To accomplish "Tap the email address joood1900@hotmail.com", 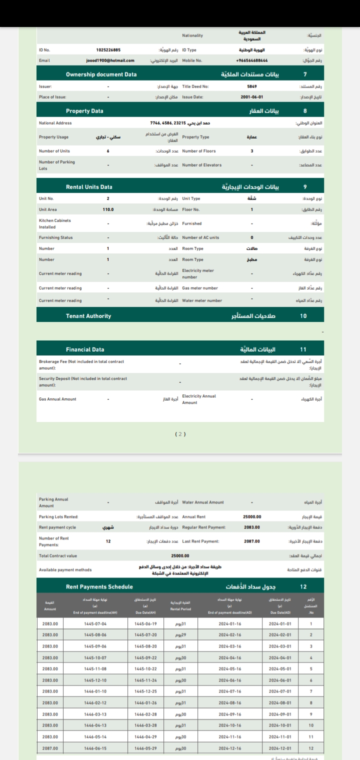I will pyautogui.click(x=110, y=60).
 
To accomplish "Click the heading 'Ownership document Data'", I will pyautogui.click(x=101, y=74).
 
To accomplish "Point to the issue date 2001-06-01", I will pyautogui.click(x=251, y=96).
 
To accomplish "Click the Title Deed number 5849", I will pyautogui.click(x=251, y=86).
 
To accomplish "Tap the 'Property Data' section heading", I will pyautogui.click(x=84, y=110).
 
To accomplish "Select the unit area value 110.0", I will pyautogui.click(x=108, y=209).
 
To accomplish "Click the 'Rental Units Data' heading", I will pyautogui.click(x=89, y=187).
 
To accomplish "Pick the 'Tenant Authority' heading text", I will pyautogui.click(x=88, y=316).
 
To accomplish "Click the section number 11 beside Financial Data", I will pyautogui.click(x=305, y=349).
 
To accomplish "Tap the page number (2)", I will pyautogui.click(x=180, y=433).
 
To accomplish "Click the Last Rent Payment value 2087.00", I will pyautogui.click(x=251, y=541).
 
